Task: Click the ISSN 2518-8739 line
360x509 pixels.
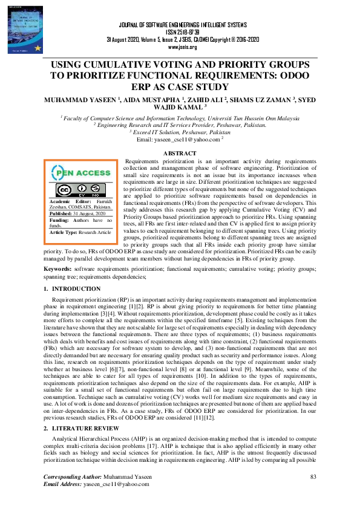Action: [180, 32]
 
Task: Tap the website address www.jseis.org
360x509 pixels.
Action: [180, 47]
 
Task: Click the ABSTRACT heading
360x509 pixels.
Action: [180, 154]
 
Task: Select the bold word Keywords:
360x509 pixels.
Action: [58, 268]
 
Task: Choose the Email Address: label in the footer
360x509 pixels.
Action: [63, 485]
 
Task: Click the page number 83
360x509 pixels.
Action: [313, 478]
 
